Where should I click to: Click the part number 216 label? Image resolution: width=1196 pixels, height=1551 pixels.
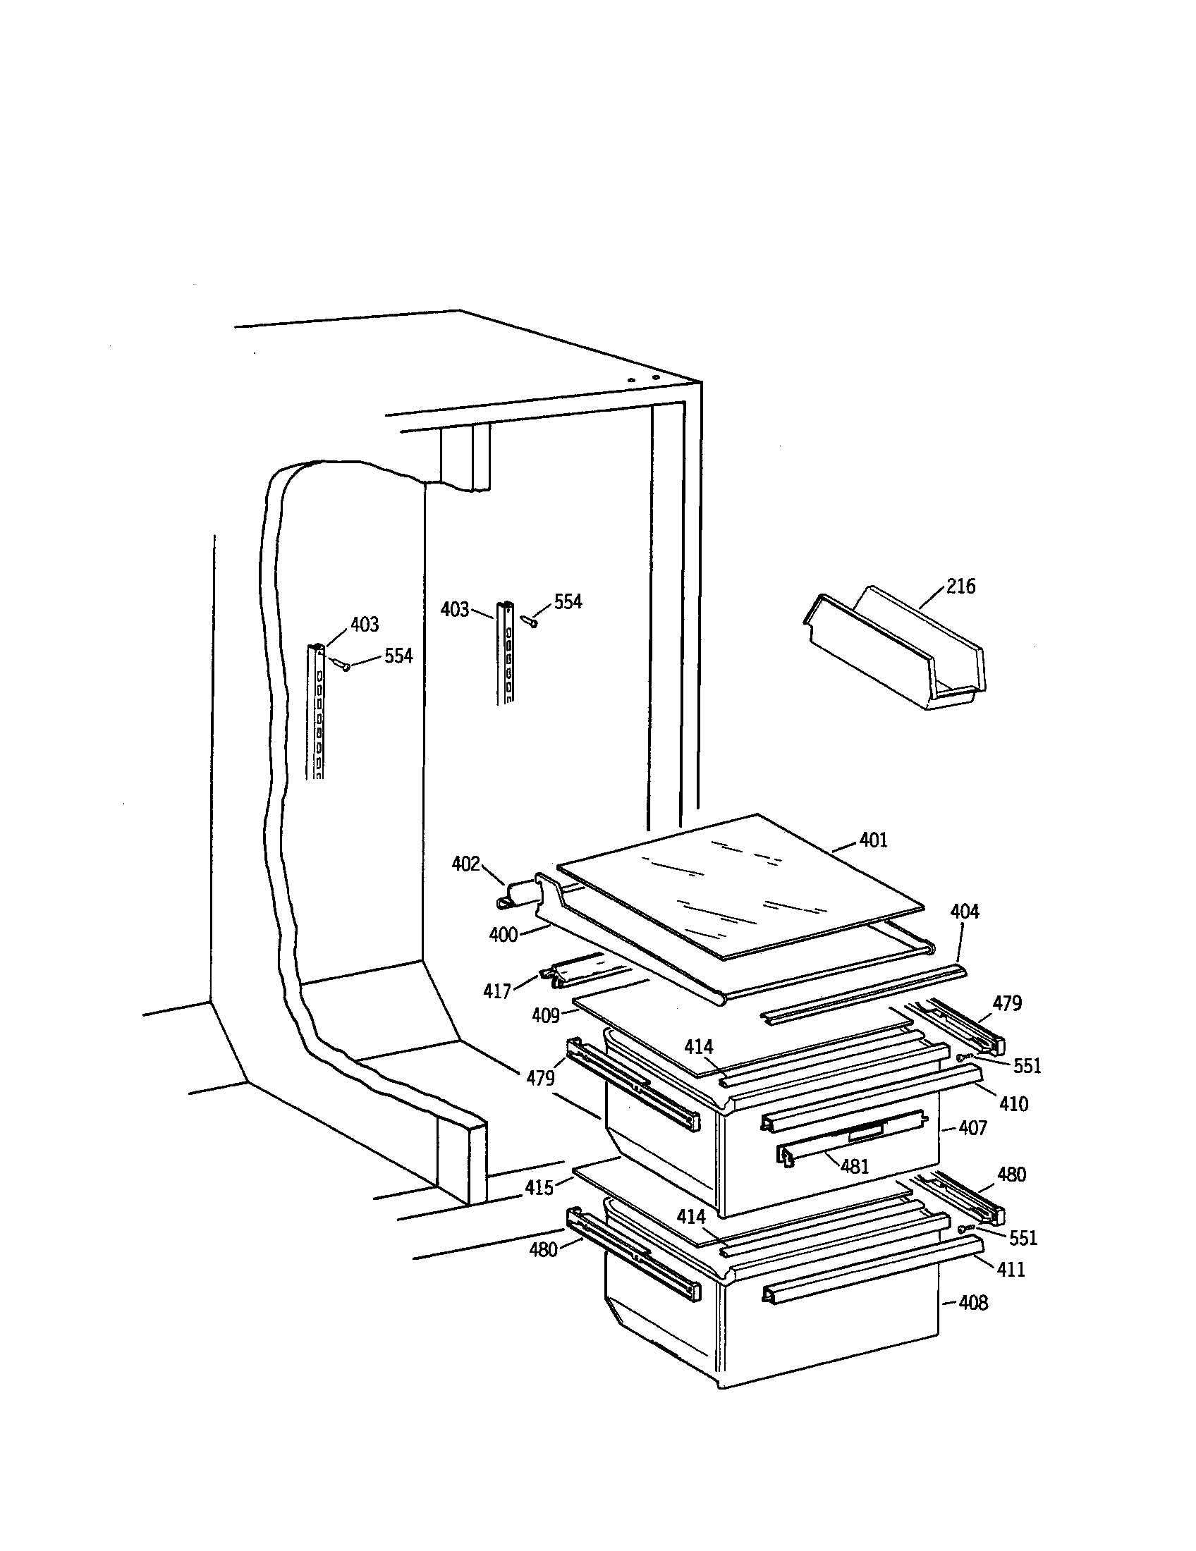[x=960, y=587]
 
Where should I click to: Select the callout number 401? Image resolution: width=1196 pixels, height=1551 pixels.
[x=873, y=840]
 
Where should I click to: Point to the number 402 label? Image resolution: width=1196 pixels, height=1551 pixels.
[x=466, y=864]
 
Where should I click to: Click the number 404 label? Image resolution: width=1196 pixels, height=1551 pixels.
[x=964, y=912]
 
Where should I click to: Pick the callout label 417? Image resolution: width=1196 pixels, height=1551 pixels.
[x=497, y=991]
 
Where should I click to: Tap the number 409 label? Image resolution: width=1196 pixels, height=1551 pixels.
[x=545, y=1015]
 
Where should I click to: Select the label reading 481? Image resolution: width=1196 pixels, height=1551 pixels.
[x=855, y=1166]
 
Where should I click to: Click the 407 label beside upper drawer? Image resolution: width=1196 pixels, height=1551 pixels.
[x=972, y=1128]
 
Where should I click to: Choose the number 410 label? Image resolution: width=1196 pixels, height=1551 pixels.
[x=1013, y=1103]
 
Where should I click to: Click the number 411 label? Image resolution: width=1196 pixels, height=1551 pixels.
[x=1011, y=1269]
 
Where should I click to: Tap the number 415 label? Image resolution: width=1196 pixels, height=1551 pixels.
[x=539, y=1187]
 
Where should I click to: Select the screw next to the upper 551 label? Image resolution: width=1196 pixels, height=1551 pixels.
[x=963, y=1057]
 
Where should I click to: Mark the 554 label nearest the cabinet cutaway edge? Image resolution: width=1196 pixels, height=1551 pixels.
[x=398, y=656]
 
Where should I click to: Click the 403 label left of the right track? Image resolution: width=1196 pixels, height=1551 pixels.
[x=455, y=609]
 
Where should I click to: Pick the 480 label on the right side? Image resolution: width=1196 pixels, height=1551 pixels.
[x=1011, y=1175]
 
